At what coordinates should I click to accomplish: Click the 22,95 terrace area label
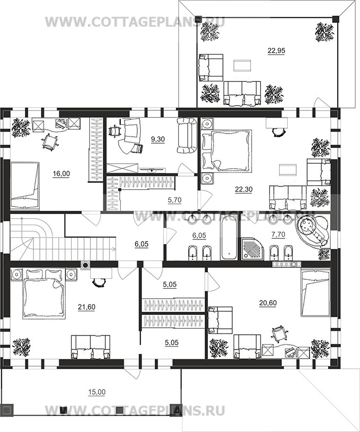pyautogui.click(x=277, y=51)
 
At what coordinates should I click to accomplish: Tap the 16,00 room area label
pyautogui.click(x=61, y=173)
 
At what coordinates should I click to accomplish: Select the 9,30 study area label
pyautogui.click(x=158, y=139)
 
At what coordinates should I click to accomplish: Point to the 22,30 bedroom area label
pyautogui.click(x=244, y=189)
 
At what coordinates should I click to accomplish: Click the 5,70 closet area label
pyautogui.click(x=174, y=200)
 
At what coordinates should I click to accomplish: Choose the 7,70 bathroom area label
pyautogui.click(x=278, y=235)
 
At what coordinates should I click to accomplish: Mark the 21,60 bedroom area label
pyautogui.click(x=87, y=307)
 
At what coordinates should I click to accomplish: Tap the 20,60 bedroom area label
pyautogui.click(x=267, y=303)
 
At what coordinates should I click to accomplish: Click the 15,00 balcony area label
pyautogui.click(x=97, y=392)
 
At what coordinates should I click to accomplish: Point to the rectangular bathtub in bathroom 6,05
pyautogui.click(x=229, y=237)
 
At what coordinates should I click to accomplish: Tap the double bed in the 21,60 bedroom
pyautogui.click(x=44, y=294)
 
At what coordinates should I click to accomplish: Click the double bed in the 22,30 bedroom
pyautogui.click(x=227, y=151)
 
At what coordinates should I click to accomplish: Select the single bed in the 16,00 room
pyautogui.click(x=25, y=186)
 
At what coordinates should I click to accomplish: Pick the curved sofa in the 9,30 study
pyautogui.click(x=187, y=135)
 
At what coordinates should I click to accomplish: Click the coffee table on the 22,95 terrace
pyautogui.click(x=242, y=65)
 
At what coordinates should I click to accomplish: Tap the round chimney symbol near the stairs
pyautogui.click(x=86, y=265)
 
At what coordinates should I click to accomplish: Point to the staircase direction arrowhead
pyautogui.click(x=114, y=250)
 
